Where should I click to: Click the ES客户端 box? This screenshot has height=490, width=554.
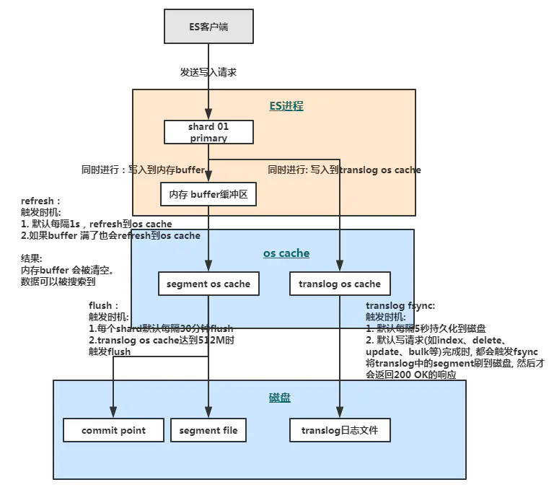208,27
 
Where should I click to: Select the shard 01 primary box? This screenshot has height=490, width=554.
208,132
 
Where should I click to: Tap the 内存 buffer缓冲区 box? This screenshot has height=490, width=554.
208,194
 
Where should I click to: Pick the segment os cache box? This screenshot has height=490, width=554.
208,284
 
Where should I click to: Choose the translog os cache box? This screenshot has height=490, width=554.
340,284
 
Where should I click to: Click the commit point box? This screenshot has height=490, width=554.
113,430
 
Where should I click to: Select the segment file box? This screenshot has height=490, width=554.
208,430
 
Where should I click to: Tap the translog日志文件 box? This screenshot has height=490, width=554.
340,430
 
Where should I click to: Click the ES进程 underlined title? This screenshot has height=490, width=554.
286,105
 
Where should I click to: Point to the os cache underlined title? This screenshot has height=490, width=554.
286,253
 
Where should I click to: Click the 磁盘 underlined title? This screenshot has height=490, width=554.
279,398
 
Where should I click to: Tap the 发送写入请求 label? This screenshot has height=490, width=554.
208,72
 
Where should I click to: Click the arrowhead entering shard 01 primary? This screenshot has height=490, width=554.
208,114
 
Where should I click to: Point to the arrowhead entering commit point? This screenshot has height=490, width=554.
113,412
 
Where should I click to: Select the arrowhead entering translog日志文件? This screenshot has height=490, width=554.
340,412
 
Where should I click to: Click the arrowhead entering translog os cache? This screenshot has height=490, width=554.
340,266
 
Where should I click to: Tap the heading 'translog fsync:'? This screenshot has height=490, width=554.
400,306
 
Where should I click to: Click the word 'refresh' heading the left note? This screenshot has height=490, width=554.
37,201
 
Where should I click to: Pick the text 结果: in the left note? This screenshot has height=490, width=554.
32,258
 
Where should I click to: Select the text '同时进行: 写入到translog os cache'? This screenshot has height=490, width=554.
344,170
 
